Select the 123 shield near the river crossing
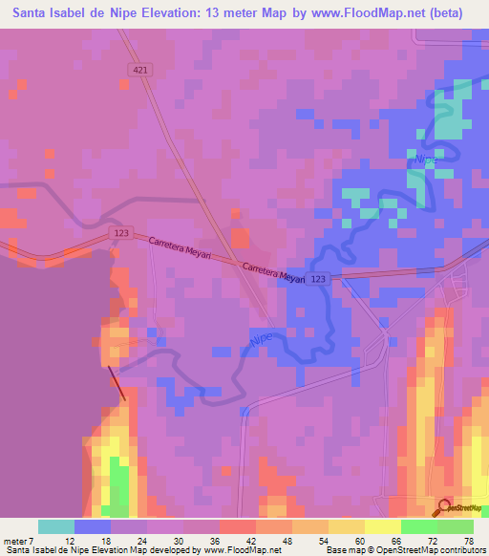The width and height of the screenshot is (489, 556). (319, 278)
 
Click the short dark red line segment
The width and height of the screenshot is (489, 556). (116, 383)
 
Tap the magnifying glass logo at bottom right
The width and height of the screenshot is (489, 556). (445, 509)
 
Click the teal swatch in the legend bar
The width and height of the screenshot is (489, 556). (56, 526)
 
